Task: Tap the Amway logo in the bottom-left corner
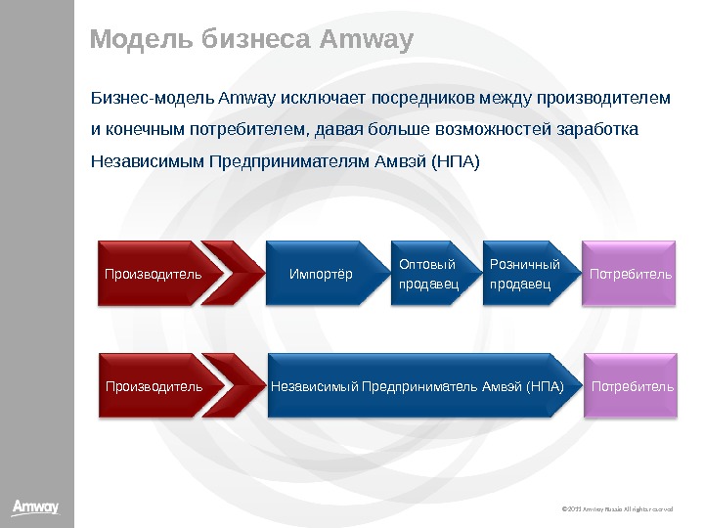point(35,506)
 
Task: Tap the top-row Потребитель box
point(631,274)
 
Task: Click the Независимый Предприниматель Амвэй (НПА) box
point(418,386)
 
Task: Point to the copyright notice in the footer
point(618,509)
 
